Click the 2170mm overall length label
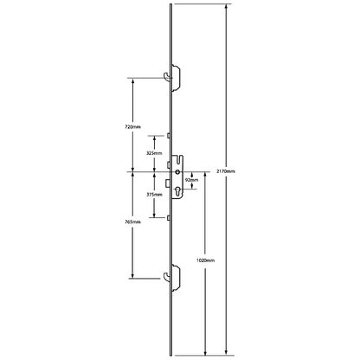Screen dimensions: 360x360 click(226, 171)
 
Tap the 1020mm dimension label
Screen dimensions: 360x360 click(205, 260)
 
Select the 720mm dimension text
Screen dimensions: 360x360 click(132, 127)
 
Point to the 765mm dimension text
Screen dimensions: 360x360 click(132, 222)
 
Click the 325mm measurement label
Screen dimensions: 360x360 click(154, 153)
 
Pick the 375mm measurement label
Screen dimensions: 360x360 click(154, 195)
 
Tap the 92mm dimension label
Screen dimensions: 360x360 click(191, 180)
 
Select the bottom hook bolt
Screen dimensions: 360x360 click(167, 275)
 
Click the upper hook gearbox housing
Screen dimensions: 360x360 click(177, 78)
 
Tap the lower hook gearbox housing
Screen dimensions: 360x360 click(177, 278)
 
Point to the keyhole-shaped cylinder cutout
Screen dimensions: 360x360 click(177, 190)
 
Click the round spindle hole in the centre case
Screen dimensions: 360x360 click(177, 172)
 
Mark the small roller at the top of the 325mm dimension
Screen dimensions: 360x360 click(168, 135)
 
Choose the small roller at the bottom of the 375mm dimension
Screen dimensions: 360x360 click(168, 218)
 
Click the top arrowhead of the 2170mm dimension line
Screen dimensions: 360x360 click(226, 6)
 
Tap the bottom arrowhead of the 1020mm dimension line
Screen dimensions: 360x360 click(205, 353)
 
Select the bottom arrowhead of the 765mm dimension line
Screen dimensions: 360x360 click(132, 276)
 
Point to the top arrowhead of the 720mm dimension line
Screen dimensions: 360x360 click(132, 80)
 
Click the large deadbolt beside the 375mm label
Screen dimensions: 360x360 click(167, 183)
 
